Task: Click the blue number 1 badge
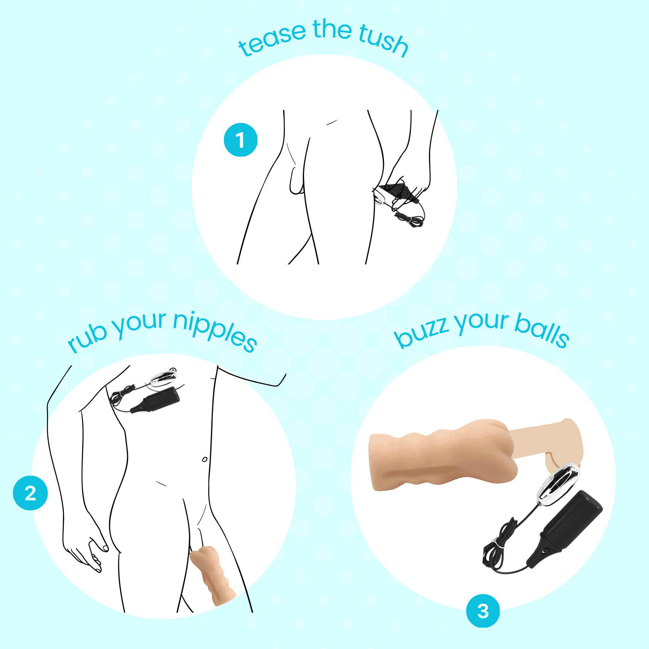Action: click(x=240, y=140)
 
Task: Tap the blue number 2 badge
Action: click(x=30, y=493)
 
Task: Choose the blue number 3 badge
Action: click(x=483, y=611)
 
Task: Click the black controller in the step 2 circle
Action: click(x=158, y=400)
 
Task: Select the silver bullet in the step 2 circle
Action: click(x=163, y=378)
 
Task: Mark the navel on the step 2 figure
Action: click(x=204, y=459)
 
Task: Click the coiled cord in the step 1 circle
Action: click(x=410, y=220)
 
